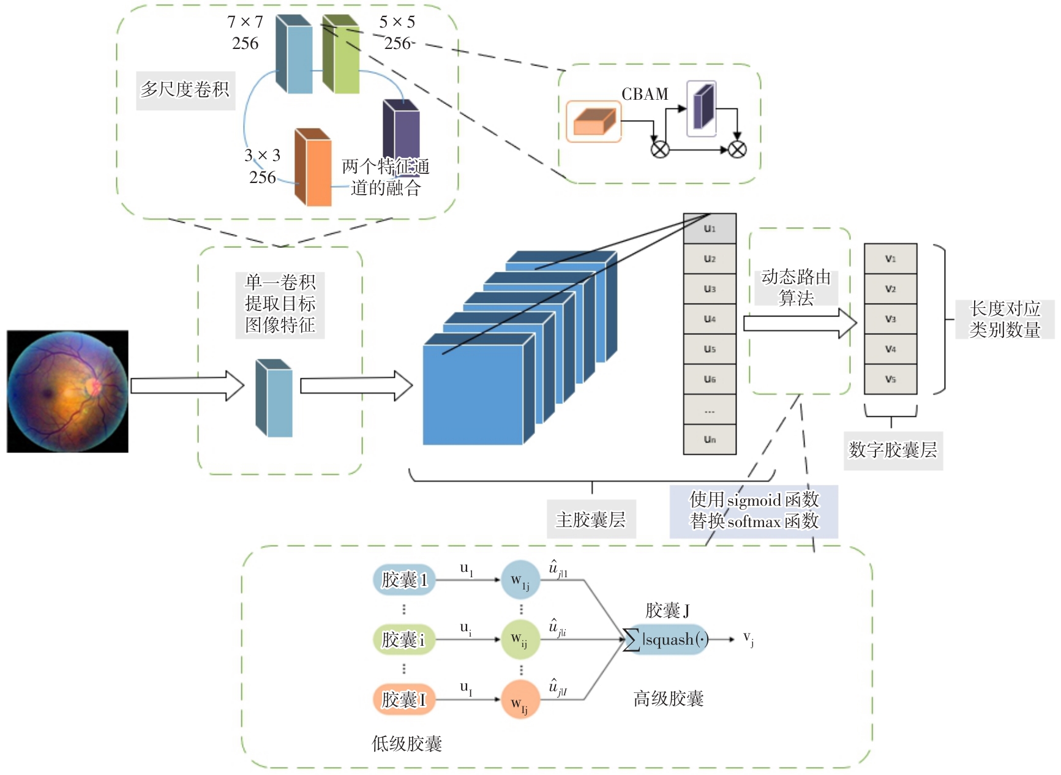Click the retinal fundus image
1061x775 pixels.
click(x=67, y=391)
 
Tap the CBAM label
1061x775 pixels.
click(x=645, y=94)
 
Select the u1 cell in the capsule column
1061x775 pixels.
click(x=710, y=228)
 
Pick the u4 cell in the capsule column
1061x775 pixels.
click(x=710, y=319)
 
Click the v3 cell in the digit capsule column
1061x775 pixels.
click(x=890, y=319)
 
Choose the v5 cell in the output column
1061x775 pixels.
click(x=890, y=379)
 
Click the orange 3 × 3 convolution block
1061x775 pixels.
click(x=313, y=168)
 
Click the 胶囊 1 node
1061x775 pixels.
click(x=404, y=580)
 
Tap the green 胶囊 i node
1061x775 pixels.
click(x=404, y=640)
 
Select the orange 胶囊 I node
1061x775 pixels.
click(x=404, y=699)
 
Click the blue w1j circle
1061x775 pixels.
click(x=520, y=580)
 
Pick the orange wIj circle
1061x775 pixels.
click(x=520, y=700)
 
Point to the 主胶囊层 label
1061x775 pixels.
click(x=591, y=520)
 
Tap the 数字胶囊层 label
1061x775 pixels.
click(x=893, y=450)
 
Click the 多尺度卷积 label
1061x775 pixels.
click(x=185, y=89)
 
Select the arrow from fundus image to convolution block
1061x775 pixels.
click(x=187, y=386)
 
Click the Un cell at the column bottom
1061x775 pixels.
click(x=710, y=439)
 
